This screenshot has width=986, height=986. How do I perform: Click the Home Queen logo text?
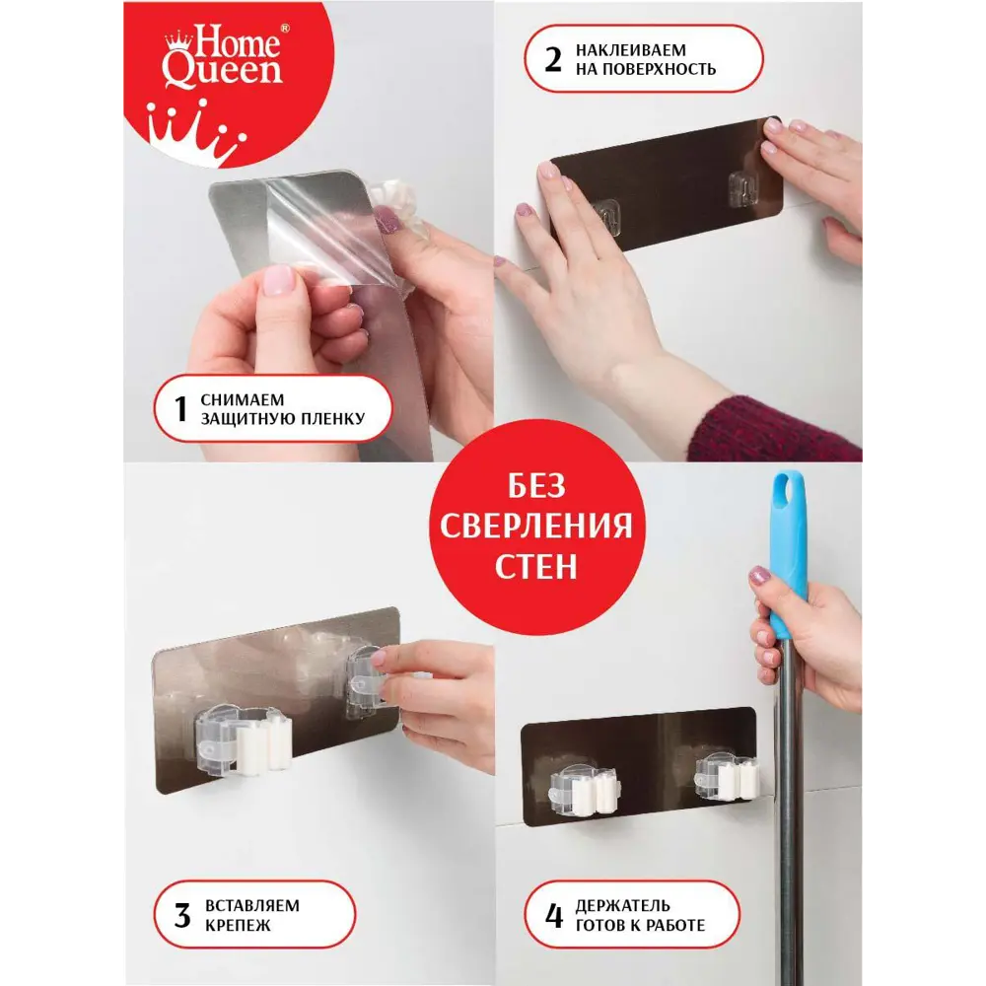[x=223, y=55]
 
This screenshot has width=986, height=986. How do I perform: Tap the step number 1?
[x=180, y=409]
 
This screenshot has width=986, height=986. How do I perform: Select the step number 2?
[x=553, y=60]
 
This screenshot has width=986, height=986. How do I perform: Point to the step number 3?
[x=182, y=916]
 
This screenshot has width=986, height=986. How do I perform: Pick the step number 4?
[x=553, y=916]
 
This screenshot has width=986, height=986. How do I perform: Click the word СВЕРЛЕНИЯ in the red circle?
[x=535, y=526]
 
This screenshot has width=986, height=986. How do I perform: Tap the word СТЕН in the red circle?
[x=535, y=567]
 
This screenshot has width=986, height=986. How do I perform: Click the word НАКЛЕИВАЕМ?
[x=631, y=50]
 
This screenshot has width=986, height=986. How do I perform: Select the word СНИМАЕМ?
[x=243, y=400]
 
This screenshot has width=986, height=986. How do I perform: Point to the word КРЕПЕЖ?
[x=238, y=926]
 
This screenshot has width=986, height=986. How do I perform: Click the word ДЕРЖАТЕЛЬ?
[x=622, y=906]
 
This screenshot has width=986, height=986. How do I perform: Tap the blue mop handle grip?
[x=788, y=553]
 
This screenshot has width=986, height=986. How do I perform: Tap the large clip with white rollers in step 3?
[x=244, y=739]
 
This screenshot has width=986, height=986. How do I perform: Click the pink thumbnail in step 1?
[x=277, y=280]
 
